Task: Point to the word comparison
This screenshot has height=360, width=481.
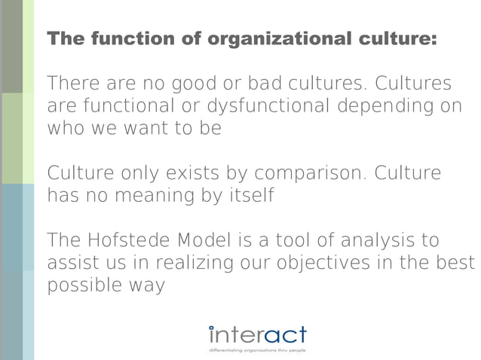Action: tap(308, 173)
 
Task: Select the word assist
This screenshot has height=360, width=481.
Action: tap(73, 264)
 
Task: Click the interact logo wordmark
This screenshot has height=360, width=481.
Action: tap(257, 334)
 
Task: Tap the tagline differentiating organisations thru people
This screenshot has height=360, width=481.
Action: tap(257, 350)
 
